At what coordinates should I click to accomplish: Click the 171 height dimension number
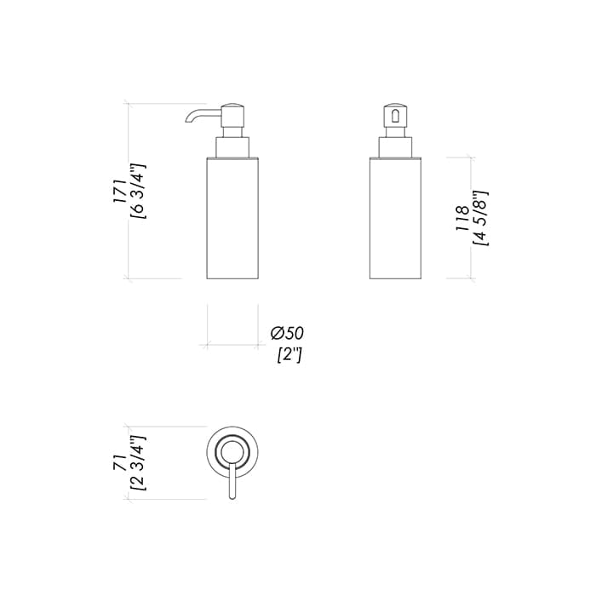point(119,192)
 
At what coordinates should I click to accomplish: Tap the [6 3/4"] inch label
point(138,191)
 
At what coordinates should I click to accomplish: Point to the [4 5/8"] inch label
point(480,218)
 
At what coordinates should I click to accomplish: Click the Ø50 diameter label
point(287,334)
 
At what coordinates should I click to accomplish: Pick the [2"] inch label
point(289,355)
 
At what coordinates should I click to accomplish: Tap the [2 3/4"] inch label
point(138,462)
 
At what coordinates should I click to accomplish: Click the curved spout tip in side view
point(188,121)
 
